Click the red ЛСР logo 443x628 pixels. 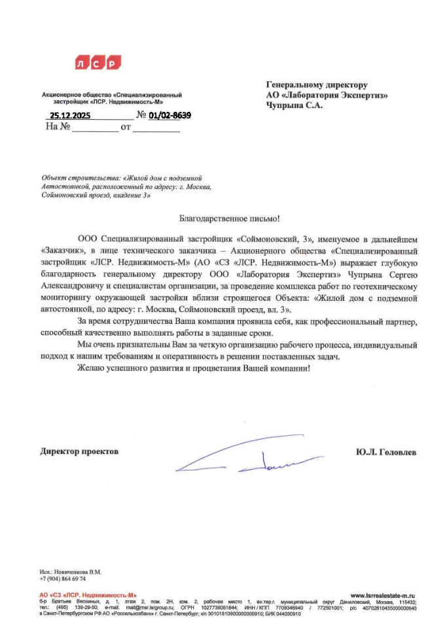tap(99, 63)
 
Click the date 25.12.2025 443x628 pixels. tap(71, 116)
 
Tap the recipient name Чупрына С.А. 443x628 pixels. tap(294, 105)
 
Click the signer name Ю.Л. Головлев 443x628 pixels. tap(386, 452)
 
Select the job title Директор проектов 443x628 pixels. tap(79, 452)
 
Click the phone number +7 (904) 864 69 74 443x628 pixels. tap(62, 579)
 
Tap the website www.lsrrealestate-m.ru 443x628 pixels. tap(383, 595)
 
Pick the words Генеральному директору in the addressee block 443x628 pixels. tap(317, 84)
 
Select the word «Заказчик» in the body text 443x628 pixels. tap(60, 250)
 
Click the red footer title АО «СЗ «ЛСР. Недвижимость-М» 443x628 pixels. tap(88, 595)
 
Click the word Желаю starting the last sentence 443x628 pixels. tap(92, 368)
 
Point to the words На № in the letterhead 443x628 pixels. tap(58, 127)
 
